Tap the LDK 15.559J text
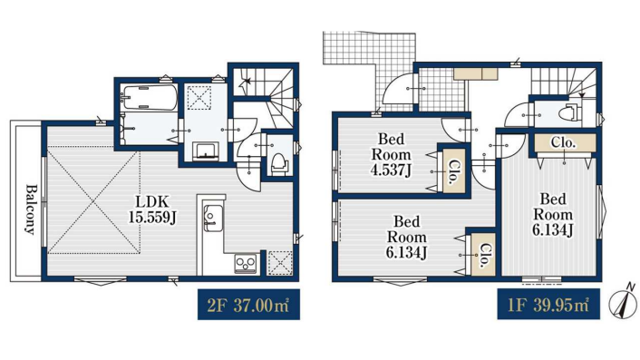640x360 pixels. click(152, 209)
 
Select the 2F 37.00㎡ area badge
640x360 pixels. click(248, 305)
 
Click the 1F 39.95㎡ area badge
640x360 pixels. click(548, 304)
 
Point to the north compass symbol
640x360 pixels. click(624, 302)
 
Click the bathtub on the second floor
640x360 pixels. click(150, 97)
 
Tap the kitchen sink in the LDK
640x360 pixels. click(213, 219)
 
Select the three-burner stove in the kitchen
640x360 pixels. click(246, 263)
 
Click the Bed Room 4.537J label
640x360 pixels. click(391, 154)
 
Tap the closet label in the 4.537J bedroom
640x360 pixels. click(454, 171)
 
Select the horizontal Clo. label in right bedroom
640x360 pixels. click(563, 142)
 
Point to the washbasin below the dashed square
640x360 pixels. click(206, 151)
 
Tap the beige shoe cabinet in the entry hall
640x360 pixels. click(476, 73)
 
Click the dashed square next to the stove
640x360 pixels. click(280, 262)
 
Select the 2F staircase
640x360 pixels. click(265, 99)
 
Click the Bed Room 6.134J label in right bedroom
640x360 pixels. click(553, 214)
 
